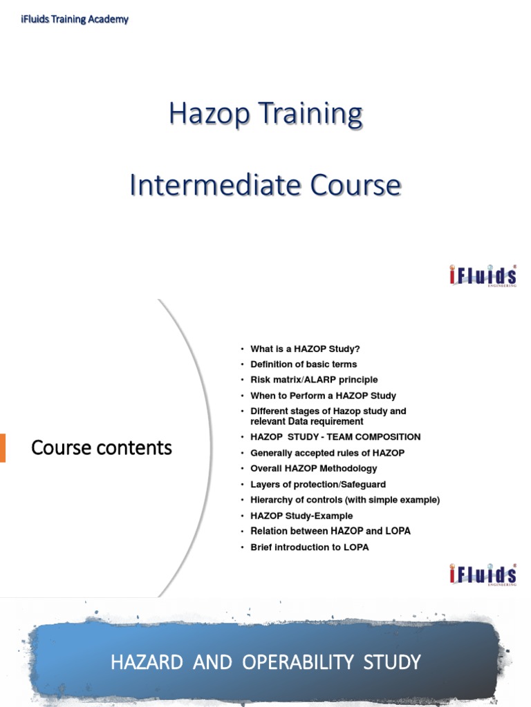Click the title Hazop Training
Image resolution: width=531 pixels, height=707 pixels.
click(265, 114)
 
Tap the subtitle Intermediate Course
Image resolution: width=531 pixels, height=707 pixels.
click(265, 185)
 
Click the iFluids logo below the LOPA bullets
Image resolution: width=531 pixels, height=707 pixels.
click(483, 574)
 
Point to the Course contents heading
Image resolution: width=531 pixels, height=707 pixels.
click(102, 447)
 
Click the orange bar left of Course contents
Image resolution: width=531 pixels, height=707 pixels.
click(3, 447)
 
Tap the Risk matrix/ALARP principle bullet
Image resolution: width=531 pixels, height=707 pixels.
click(314, 380)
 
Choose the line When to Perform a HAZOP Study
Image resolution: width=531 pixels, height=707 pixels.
click(323, 396)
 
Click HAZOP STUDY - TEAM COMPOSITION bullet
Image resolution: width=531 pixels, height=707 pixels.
click(335, 436)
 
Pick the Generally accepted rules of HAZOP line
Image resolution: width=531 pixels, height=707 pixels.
click(327, 453)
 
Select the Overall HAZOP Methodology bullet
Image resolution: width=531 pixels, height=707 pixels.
click(314, 468)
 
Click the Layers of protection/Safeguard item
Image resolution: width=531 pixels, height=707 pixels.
click(318, 484)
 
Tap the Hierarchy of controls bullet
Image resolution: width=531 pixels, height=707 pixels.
click(345, 500)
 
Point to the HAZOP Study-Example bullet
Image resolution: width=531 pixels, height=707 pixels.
click(301, 516)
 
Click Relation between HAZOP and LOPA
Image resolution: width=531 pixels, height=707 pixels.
click(330, 531)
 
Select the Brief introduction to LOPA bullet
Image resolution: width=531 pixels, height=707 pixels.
click(310, 547)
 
